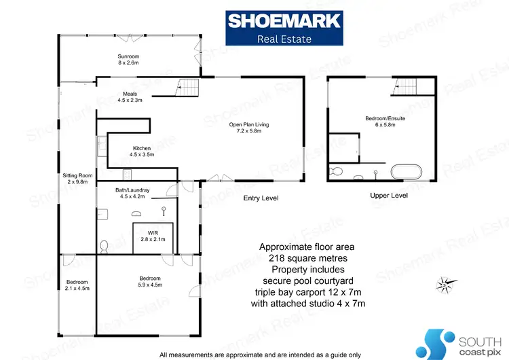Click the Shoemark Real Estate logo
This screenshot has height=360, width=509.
point(283,28)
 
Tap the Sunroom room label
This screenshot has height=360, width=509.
point(128,59)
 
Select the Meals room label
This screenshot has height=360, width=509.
point(130,97)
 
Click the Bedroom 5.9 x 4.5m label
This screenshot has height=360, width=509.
point(151,282)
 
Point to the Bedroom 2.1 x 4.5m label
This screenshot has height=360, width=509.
point(77,285)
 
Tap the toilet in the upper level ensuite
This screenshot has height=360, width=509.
point(335,171)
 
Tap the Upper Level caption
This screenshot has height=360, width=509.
point(388,196)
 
